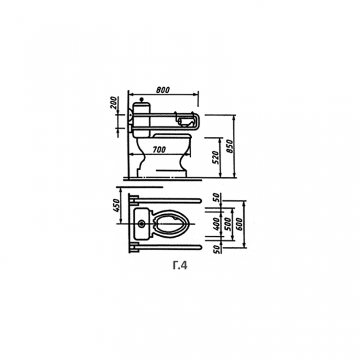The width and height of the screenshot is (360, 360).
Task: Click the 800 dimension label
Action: pos(163,90)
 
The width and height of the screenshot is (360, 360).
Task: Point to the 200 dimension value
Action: pos(114,103)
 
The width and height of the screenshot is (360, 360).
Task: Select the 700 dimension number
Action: pos(159,150)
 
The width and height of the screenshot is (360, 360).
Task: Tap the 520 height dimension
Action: pos(215,157)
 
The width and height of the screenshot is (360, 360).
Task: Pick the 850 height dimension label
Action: pos(230,146)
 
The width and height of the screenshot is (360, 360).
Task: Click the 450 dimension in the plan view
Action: pos(117,205)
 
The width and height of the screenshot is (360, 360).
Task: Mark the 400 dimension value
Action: pos(216,224)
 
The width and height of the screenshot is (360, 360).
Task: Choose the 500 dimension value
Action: pos(227,224)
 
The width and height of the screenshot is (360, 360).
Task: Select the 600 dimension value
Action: pos(239,224)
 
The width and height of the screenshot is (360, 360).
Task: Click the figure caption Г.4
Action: pos(180,265)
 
